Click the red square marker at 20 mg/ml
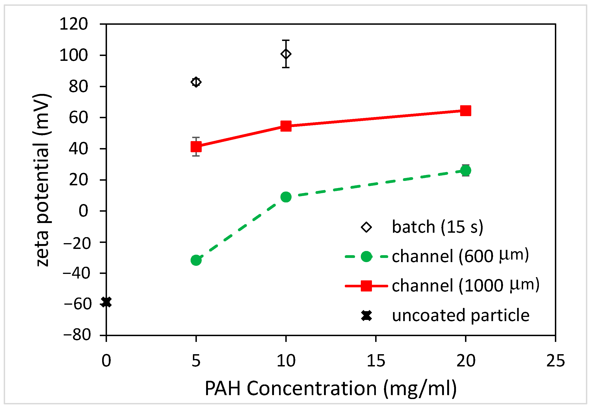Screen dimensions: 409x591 click(465, 111)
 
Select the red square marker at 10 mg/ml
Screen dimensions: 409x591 click(286, 126)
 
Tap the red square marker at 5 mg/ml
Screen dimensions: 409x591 click(196, 147)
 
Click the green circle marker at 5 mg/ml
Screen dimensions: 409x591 click(196, 260)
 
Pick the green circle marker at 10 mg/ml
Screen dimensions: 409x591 click(286, 197)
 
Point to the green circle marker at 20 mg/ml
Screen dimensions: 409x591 click(465, 170)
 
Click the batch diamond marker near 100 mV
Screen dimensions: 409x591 click(286, 54)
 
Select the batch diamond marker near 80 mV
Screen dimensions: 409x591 click(196, 82)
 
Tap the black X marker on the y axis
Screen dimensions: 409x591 click(106, 302)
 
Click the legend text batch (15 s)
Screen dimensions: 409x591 click(437, 227)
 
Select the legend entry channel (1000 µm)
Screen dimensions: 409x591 click(465, 285)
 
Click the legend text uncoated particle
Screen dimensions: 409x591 click(461, 315)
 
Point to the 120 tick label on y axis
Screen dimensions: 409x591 click(74, 24)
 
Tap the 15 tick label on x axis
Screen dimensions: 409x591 click(376, 361)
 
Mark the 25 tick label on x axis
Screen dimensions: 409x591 click(555, 361)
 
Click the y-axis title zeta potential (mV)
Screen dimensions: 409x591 click(42, 179)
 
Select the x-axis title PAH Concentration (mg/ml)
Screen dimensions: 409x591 click(331, 388)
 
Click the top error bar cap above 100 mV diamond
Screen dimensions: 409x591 click(286, 40)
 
